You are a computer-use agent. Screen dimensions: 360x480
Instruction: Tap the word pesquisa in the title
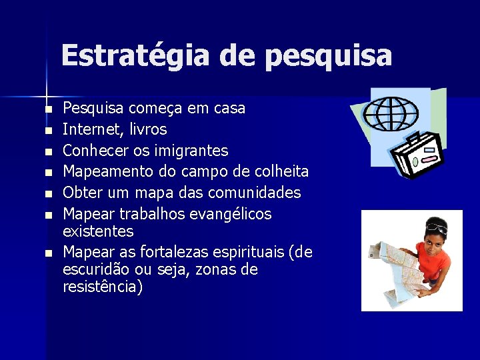[328, 57]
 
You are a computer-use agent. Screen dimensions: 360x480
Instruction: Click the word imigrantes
[195, 150]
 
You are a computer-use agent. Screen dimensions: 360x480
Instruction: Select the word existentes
[97, 231]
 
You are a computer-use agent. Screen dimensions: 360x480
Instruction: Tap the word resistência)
[102, 287]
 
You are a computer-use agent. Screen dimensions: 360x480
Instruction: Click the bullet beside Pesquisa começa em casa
[48, 109]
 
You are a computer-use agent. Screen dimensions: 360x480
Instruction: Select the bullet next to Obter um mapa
[48, 194]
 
